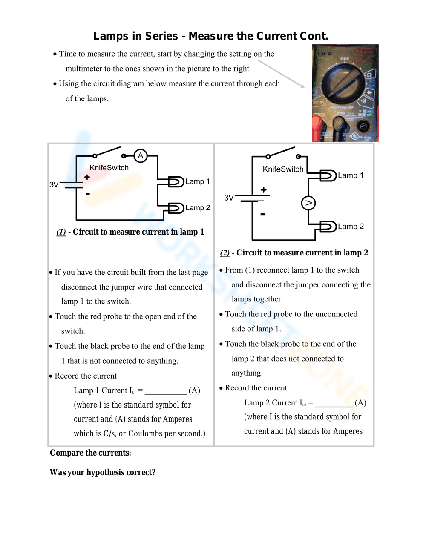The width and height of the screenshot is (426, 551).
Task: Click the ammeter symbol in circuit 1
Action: click(x=141, y=156)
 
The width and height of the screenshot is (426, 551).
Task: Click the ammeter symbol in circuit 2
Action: click(x=308, y=203)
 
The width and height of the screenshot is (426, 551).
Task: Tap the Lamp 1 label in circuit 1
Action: click(x=197, y=181)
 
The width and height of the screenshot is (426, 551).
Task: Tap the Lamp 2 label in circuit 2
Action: click(x=351, y=227)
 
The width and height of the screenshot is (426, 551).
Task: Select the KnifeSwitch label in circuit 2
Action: click(x=283, y=169)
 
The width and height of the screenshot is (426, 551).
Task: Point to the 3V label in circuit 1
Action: click(x=54, y=184)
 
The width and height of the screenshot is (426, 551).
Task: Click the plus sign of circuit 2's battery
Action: click(x=264, y=190)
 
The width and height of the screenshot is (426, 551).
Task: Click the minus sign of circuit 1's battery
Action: click(x=87, y=194)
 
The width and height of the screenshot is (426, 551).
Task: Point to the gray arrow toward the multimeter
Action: click(x=281, y=74)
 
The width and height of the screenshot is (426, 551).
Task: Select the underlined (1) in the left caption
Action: click(x=61, y=232)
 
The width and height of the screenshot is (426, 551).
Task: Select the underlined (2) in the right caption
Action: click(x=225, y=253)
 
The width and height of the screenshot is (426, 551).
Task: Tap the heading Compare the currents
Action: click(x=90, y=453)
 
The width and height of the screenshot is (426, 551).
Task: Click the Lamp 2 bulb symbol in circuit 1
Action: click(x=176, y=208)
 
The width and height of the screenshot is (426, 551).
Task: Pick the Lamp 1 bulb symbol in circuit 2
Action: click(x=328, y=175)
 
